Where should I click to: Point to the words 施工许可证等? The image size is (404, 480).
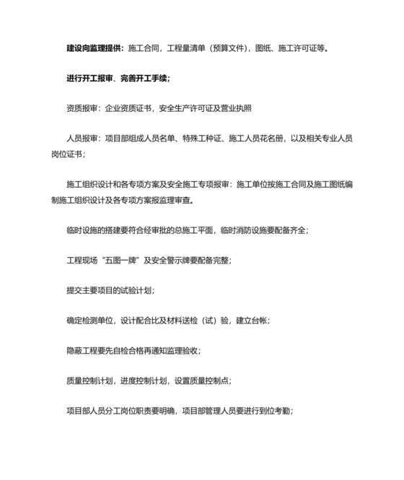303,49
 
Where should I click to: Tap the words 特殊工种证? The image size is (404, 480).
209,139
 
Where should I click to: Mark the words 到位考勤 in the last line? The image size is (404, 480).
273,410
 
